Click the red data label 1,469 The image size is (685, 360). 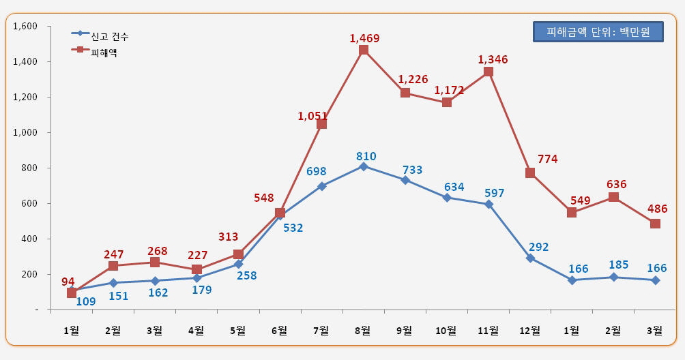[364, 38]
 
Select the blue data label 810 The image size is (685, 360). [365, 156]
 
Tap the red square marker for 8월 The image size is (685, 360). [364, 50]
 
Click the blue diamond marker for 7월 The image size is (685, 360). [322, 186]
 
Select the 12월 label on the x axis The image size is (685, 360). [529, 330]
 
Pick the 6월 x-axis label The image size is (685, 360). [279, 330]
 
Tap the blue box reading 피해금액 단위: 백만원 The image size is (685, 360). [598, 32]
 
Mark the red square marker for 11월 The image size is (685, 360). [489, 72]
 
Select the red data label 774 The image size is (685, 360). [546, 160]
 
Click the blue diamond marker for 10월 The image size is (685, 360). [447, 198]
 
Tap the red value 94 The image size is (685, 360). [68, 281]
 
